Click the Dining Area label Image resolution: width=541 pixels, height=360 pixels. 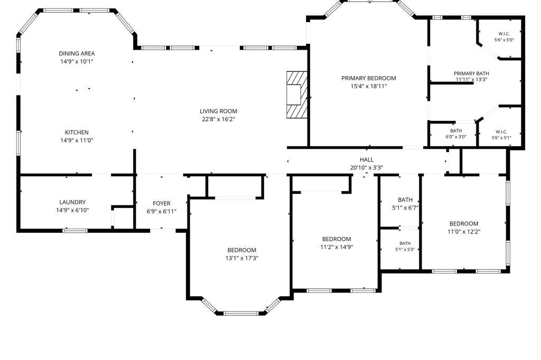(x=77, y=53)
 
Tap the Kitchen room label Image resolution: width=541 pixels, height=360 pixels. (x=77, y=132)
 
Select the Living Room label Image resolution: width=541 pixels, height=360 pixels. (x=218, y=111)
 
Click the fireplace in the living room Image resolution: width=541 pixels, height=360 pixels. (x=297, y=94)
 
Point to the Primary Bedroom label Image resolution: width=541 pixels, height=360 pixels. (x=368, y=78)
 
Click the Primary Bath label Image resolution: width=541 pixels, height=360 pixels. (x=471, y=73)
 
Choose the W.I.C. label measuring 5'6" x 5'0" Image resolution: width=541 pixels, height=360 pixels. (x=504, y=34)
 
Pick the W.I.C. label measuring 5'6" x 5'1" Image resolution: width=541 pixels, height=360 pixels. (x=501, y=132)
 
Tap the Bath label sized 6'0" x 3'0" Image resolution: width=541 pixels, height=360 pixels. (x=456, y=131)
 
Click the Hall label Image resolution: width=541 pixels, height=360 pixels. (x=367, y=159)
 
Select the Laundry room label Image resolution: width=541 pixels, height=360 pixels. (x=72, y=202)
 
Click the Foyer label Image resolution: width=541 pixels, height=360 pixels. (x=162, y=203)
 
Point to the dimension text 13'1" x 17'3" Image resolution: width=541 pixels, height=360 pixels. (x=242, y=258)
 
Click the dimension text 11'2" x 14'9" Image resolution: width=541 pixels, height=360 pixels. (x=337, y=247)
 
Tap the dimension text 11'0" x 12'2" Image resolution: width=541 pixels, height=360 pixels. (x=464, y=232)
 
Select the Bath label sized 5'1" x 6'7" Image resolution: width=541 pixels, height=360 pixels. (x=405, y=200)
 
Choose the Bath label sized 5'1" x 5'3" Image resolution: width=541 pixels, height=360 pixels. (x=405, y=243)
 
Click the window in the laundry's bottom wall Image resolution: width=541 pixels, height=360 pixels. (x=75, y=230)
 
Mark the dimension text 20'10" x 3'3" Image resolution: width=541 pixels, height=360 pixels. (x=367, y=167)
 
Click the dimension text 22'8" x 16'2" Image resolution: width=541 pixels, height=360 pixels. (x=218, y=119)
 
